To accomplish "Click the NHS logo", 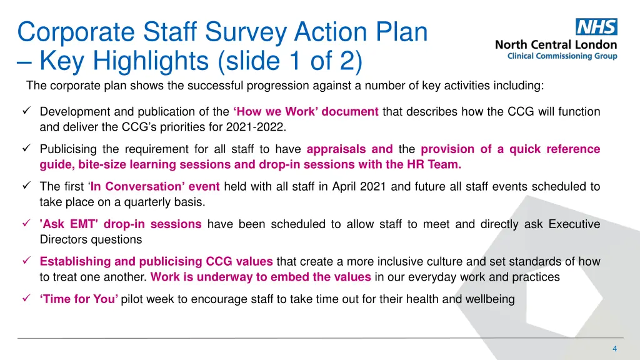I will point(596,27).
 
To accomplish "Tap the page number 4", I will point(614,348).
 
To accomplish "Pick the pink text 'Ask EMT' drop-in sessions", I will point(121,224).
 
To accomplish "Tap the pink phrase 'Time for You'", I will point(79,299).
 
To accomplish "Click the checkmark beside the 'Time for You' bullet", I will point(26,299).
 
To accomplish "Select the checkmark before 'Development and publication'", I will point(26,111).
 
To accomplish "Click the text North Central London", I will point(556,45).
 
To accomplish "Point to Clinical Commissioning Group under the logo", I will point(562,56).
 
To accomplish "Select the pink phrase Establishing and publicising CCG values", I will point(156,261).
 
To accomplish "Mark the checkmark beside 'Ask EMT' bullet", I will point(26,224).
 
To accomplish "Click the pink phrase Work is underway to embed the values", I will point(261,277).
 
